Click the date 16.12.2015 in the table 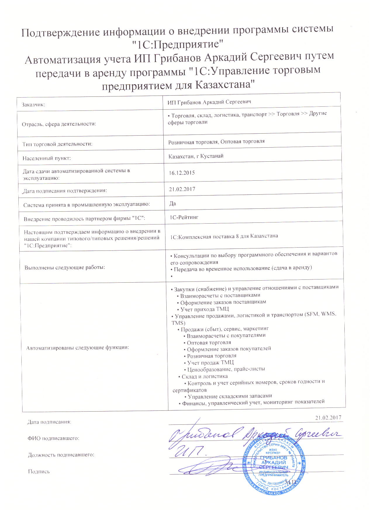[182, 173]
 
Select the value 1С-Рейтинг [184, 217]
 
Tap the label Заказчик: [34, 104]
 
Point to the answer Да [173, 203]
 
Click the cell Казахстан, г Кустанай [196, 156]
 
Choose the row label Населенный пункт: [47, 158]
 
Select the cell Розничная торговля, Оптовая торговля [216, 142]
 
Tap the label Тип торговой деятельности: [57, 144]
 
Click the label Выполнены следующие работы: [65, 267]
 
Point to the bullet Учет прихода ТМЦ [205, 309]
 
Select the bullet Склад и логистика [204, 376]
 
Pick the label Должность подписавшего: [61, 455]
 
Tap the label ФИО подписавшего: [53, 438]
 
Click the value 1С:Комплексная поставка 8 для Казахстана [224, 236]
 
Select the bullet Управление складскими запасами [230, 396]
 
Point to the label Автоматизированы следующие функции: [78, 348]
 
